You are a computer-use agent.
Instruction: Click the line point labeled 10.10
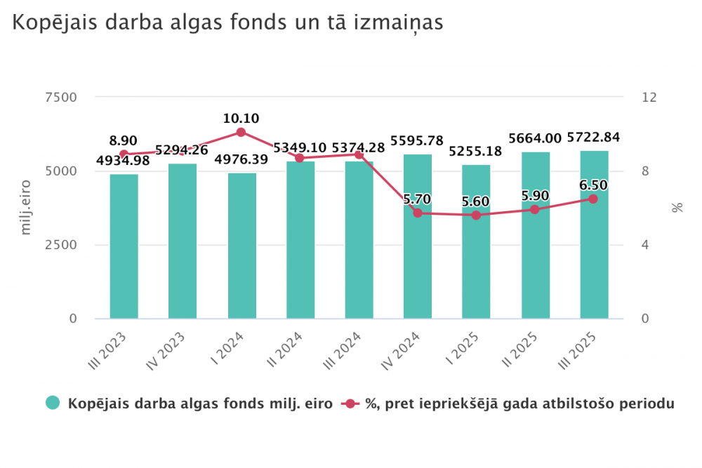click(x=241, y=132)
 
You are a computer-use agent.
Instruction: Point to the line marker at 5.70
click(x=418, y=213)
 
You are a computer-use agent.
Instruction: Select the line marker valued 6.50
click(x=594, y=199)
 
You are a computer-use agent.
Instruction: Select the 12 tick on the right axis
click(x=649, y=97)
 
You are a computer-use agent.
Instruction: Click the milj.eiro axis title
click(x=27, y=208)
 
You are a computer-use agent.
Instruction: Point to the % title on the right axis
click(x=677, y=208)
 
